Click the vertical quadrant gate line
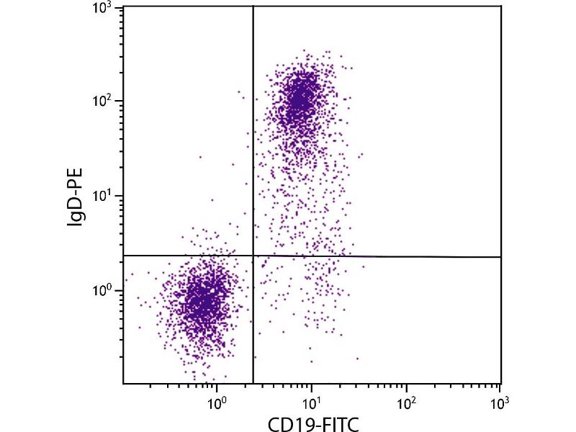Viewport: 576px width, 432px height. [x=253, y=144]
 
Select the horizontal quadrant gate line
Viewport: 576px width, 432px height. [x=396, y=256]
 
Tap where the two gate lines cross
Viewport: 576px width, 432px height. [x=253, y=256]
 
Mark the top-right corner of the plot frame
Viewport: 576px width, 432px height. [x=500, y=6]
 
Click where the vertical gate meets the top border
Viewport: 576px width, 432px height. [x=253, y=6]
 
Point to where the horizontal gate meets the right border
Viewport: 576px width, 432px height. [x=500, y=257]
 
